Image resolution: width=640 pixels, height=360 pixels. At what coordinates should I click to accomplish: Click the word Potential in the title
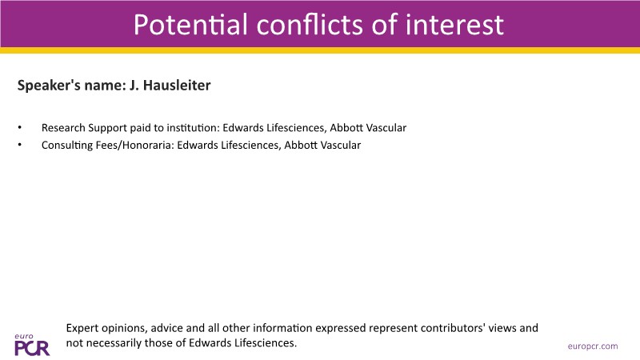(x=190, y=25)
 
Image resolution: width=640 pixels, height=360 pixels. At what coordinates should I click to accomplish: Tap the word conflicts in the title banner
(x=310, y=25)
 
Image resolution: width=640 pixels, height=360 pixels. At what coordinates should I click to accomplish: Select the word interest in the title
(x=454, y=25)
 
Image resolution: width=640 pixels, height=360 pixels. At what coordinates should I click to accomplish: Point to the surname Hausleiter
(x=177, y=86)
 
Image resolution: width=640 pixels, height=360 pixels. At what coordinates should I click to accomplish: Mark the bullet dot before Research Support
(x=19, y=128)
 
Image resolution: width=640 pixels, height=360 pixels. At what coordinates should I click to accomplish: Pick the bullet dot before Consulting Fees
(x=19, y=145)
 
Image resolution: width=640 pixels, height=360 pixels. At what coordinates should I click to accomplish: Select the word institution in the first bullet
(x=193, y=128)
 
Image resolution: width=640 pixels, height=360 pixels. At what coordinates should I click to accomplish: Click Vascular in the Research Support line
(x=386, y=128)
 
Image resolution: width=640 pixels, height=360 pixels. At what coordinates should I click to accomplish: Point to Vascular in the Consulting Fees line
(x=341, y=145)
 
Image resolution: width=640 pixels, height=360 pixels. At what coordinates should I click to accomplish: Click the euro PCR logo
(x=32, y=345)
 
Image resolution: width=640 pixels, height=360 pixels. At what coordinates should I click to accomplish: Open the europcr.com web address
(x=593, y=346)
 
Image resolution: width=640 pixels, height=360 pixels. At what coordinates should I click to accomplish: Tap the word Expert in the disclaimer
(x=82, y=328)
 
